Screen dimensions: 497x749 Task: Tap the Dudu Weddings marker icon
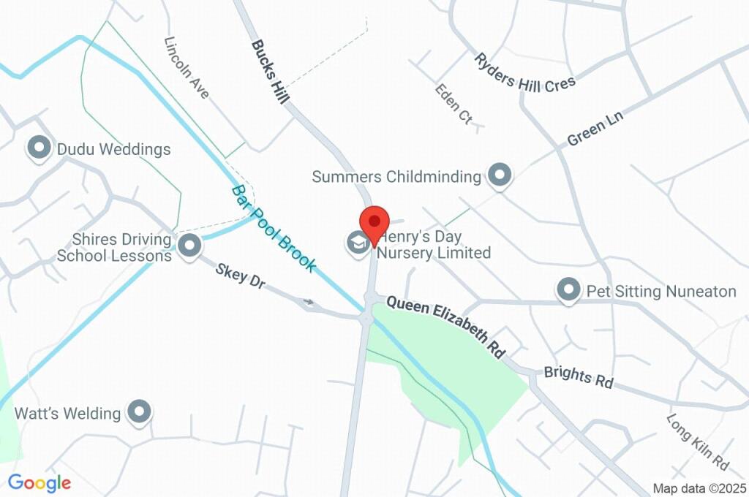38,148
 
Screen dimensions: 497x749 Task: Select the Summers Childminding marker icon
500,175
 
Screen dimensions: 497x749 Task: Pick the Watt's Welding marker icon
139,412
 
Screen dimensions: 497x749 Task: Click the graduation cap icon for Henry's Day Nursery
358,242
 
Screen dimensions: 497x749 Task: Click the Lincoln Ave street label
187,68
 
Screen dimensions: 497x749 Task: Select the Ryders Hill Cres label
524,74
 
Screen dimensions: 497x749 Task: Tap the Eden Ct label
453,104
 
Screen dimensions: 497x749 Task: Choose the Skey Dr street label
238,276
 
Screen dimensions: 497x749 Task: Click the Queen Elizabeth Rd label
446,326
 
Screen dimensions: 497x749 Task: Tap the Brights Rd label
578,376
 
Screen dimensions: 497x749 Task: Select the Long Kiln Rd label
698,442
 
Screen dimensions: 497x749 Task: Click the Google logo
39,482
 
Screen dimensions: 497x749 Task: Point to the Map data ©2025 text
699,488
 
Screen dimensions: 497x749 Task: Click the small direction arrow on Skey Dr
309,301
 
